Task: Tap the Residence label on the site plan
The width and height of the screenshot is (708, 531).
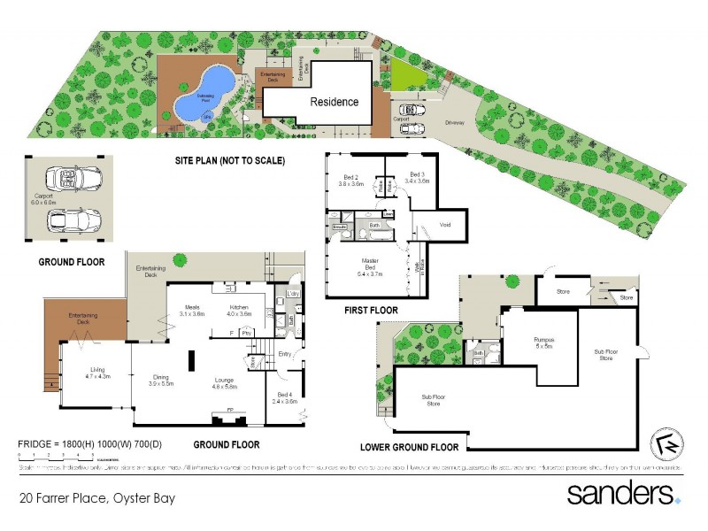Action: point(334,102)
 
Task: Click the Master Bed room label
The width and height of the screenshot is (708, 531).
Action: point(370,265)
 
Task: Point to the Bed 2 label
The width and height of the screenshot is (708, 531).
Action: point(353,180)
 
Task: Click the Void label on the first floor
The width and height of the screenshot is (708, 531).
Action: point(445,225)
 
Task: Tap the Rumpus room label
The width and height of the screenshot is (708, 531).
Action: point(543,342)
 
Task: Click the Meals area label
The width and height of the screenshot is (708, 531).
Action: point(192,310)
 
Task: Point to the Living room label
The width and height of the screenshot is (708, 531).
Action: point(97,373)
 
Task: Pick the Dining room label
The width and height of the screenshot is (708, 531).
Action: point(159,381)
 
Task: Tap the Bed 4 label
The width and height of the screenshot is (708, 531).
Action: point(284,398)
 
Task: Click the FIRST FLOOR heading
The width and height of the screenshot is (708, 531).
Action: point(372,311)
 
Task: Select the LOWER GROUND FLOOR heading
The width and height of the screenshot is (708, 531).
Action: point(409,447)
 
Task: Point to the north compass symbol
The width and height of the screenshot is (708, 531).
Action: point(669,444)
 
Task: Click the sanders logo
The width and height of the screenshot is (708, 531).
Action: point(623,493)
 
